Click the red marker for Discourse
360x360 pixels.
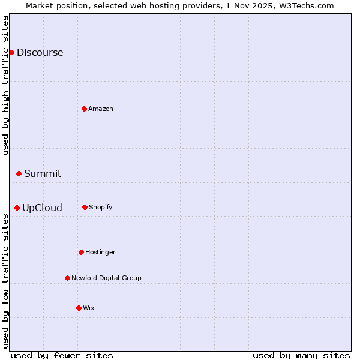11,52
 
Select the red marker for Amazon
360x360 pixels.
84,109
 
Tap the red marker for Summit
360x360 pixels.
19,173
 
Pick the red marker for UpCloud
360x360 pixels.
17,208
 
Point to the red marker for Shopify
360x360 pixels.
85,207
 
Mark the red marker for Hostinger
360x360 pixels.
81,252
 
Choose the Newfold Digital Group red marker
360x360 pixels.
67,278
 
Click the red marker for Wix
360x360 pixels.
79,308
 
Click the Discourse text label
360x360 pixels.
40,52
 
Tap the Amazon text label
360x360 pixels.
101,109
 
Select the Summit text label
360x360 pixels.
43,173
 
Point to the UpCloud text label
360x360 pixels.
42,208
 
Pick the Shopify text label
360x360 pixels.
101,207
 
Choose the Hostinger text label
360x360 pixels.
100,252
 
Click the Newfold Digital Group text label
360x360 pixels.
106,278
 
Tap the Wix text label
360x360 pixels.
89,308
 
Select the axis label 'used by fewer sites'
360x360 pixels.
62,355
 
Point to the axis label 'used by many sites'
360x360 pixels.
301,355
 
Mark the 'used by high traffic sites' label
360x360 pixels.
5,85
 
